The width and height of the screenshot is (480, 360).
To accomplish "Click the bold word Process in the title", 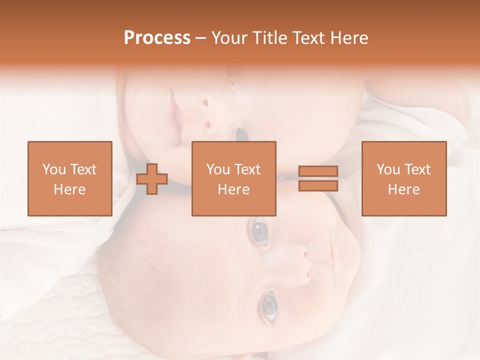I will click(157, 38).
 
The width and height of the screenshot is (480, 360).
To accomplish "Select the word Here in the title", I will click(349, 38).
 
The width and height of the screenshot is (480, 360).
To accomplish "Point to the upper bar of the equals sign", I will click(318, 171).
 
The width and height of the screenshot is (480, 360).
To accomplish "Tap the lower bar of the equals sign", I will click(318, 186).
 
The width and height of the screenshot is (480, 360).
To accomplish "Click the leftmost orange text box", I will click(69, 178).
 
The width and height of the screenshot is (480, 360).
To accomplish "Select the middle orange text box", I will click(233, 178).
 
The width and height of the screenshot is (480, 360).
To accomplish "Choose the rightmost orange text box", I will click(403, 178).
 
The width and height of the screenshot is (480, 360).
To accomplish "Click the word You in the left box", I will click(53, 169).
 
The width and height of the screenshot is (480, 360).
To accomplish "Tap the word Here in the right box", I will click(403, 189).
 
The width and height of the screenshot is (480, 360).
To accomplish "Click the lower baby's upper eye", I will click(259, 231).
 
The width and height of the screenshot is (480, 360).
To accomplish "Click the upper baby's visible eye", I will click(241, 133).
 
